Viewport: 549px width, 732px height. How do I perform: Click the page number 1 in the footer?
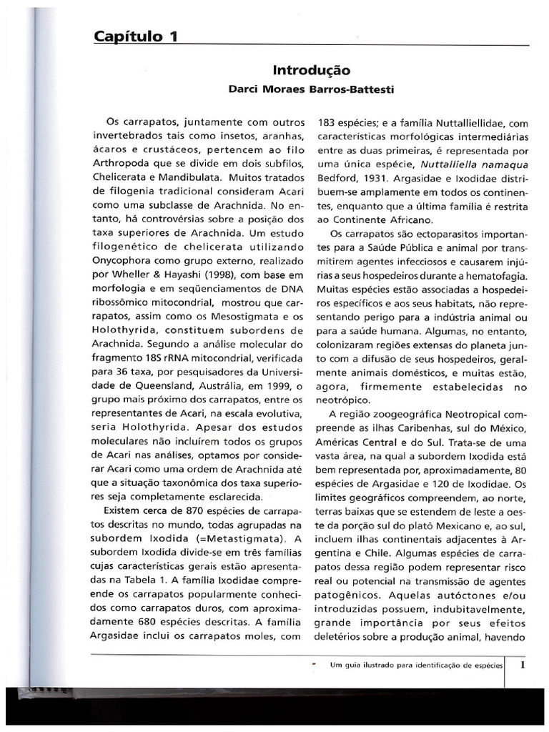pos(523,664)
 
